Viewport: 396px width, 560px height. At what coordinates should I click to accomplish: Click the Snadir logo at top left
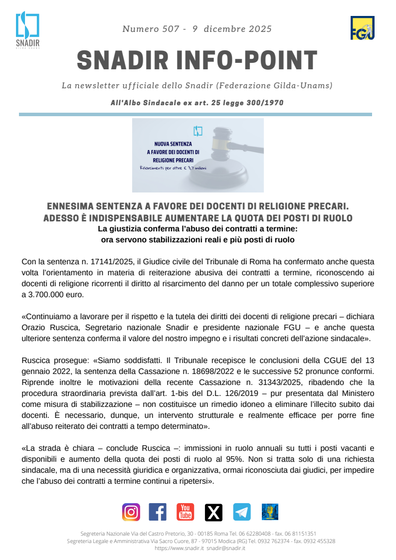coord(27,30)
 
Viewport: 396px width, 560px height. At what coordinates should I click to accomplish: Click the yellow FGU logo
coord(363,28)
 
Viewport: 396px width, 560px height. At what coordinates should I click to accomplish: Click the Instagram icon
coord(131,512)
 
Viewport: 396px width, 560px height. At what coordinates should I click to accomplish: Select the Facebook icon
coord(158,512)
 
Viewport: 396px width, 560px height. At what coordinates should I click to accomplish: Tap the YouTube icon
coord(185,512)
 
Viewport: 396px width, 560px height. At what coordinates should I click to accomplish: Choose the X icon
coord(213,512)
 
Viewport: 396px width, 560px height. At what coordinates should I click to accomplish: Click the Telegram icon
coord(242,512)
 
